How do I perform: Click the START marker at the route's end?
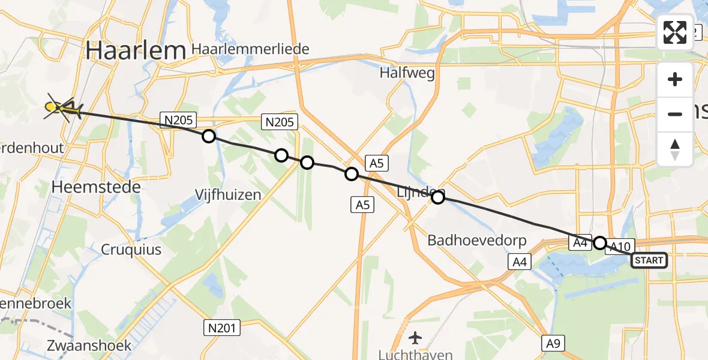point(649,260)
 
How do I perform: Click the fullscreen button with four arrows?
point(675,32)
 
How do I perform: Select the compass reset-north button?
point(675,149)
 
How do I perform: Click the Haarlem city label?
point(135,51)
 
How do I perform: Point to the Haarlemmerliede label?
point(250,49)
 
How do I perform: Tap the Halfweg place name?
point(407,73)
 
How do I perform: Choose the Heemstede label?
point(96,187)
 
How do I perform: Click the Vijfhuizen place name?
point(229,194)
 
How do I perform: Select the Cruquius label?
point(131,249)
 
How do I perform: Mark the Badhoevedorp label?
point(477,241)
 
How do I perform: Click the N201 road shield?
point(222,328)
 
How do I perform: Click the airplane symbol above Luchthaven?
point(415,337)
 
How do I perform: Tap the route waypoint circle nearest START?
point(599,243)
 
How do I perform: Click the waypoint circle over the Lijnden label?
point(439,197)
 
